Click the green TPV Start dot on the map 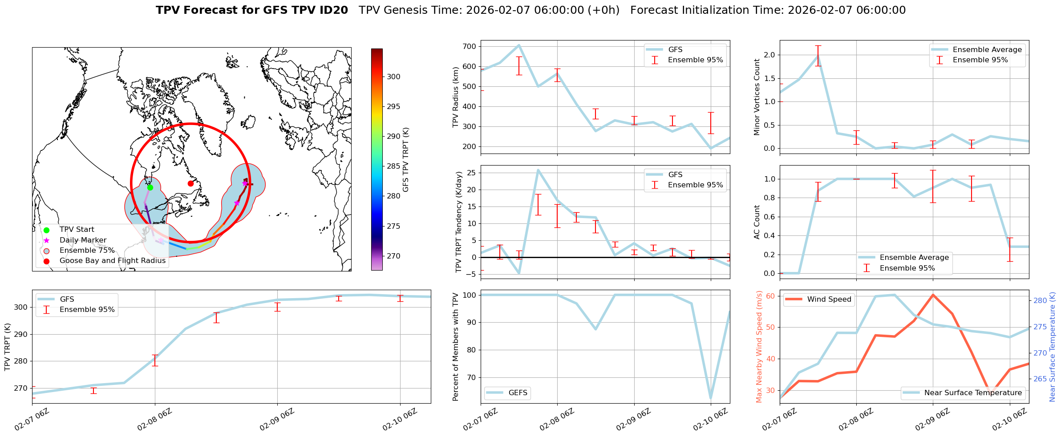(150, 187)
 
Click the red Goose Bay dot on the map (190, 183)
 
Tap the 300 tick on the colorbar (393, 77)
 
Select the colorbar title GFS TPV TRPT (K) (406, 160)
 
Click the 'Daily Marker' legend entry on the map (83, 240)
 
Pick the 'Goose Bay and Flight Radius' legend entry (112, 261)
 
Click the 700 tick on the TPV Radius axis (470, 46)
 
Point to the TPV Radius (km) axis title (456, 97)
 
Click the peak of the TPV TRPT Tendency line (538, 170)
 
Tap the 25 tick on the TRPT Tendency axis (472, 173)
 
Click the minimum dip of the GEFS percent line (711, 399)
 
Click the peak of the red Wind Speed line (933, 295)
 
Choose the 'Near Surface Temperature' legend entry (973, 392)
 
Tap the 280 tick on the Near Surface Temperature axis (1040, 300)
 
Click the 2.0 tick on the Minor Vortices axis (769, 55)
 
